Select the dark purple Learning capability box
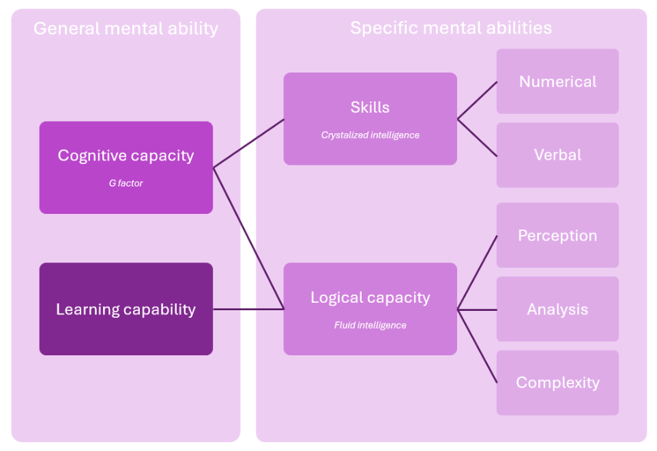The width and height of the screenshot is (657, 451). [x=126, y=309]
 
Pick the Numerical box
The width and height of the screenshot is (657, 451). [x=557, y=81]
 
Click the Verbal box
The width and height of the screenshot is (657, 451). [x=557, y=155]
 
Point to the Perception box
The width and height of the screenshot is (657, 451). [x=557, y=235]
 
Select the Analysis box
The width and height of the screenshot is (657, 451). [x=557, y=309]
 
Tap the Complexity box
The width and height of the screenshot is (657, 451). [x=557, y=383]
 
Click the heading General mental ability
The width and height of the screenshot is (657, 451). [x=126, y=29]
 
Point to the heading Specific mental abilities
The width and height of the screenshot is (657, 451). [x=451, y=28]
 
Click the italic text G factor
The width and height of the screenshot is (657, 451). [x=126, y=183]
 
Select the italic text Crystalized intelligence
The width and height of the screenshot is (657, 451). [x=370, y=135]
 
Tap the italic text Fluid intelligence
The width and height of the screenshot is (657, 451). [x=370, y=325]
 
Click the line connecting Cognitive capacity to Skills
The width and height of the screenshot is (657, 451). [x=248, y=143]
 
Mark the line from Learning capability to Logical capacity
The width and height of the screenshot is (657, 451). [x=248, y=309]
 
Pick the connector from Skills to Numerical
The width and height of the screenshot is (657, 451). [x=477, y=100]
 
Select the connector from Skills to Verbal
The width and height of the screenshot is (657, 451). [x=477, y=137]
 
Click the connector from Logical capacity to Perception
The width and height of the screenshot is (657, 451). [x=477, y=272]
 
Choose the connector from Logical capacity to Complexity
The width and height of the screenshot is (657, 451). [x=477, y=346]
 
